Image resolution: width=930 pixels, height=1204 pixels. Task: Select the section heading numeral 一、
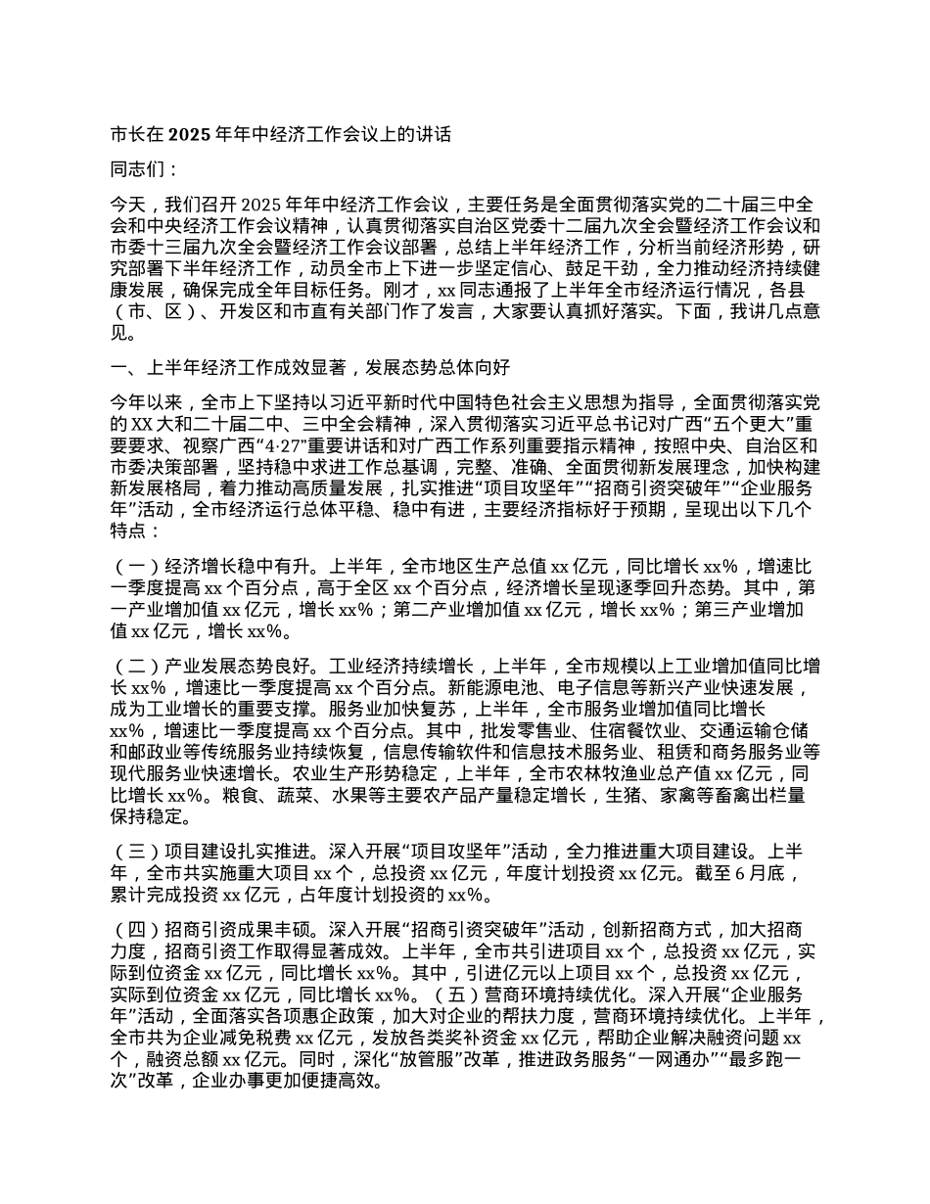pyautogui.click(x=126, y=367)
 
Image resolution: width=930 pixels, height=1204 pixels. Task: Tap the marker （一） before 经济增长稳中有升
pyautogui.click(x=136, y=566)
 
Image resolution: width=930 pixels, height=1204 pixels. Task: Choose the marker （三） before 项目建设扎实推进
pyautogui.click(x=136, y=850)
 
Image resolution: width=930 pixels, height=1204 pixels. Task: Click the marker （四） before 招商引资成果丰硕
pyautogui.click(x=136, y=929)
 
